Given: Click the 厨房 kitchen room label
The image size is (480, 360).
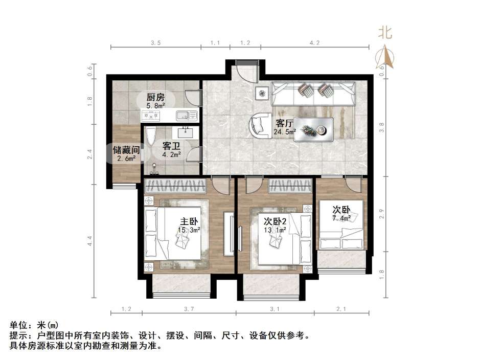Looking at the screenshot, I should pos(155,97).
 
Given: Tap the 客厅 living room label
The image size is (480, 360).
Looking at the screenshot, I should pos(284,123).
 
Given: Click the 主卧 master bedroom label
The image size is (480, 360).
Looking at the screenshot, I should pos(188,221).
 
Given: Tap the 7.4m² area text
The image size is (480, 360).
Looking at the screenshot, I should pos(342,218).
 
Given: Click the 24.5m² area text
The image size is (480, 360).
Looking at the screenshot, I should pos(285,131).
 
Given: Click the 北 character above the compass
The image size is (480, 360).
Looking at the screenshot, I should pos(385,33).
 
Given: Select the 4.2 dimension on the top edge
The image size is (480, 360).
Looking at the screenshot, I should pos(314,43).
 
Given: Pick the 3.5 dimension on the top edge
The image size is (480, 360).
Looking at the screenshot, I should pos(155,43).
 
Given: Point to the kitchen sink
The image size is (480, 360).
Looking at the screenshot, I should pos(182,115).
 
